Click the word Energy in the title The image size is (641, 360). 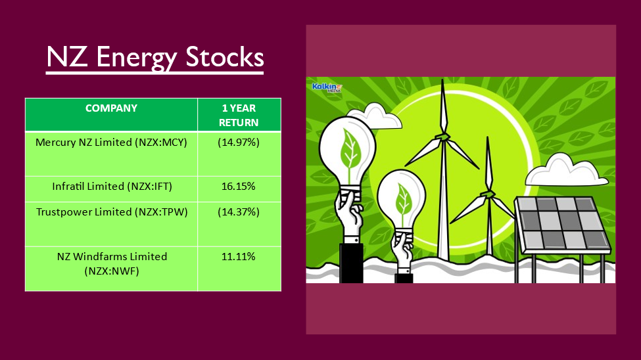tap(137, 57)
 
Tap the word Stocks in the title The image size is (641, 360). tap(224, 56)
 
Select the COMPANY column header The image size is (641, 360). tap(111, 108)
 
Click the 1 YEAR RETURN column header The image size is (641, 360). tap(239, 115)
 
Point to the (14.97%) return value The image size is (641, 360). tap(239, 142)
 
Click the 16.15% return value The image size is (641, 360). tap(239, 187)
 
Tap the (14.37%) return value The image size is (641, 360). tap(239, 212)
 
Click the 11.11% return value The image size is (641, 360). tap(239, 257)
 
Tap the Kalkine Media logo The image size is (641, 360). tap(327, 87)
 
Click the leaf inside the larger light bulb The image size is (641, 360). tap(350, 149)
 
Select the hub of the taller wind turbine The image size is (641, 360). tap(442, 137)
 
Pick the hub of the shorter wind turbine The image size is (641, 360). tap(488, 194)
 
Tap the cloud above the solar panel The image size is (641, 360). tap(566, 171)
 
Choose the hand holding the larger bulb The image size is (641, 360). tap(348, 215)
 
